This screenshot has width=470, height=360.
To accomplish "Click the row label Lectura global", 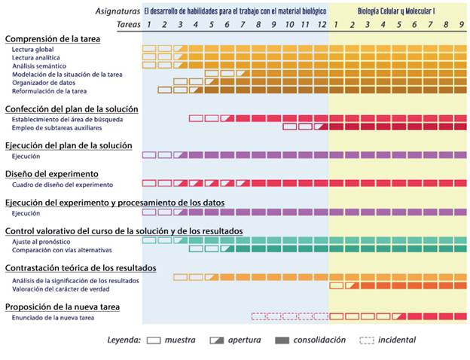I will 32,49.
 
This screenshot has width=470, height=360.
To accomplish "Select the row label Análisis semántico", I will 38,66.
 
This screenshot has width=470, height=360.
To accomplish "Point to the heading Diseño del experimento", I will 51,173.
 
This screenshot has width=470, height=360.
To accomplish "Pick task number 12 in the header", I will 322,25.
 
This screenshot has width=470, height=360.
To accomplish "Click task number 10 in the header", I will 290,25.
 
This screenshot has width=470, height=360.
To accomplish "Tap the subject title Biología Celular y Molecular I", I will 397,11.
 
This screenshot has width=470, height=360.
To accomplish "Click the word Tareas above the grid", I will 128,25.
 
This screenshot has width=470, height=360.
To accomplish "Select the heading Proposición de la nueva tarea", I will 73,307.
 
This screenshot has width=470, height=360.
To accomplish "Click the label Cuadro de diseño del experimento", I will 63,184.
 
